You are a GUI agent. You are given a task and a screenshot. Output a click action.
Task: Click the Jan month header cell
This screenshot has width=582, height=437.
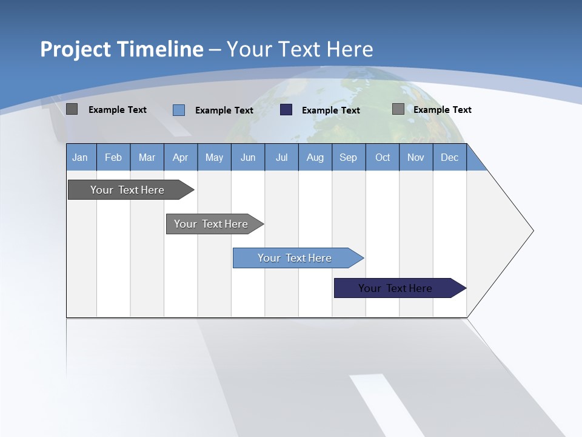tap(81, 157)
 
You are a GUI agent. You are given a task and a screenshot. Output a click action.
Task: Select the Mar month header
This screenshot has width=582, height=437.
tap(147, 157)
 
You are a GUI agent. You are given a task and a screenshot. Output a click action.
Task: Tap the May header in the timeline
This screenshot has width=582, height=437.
tap(214, 157)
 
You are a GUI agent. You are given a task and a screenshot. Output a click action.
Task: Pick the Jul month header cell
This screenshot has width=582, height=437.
tap(281, 157)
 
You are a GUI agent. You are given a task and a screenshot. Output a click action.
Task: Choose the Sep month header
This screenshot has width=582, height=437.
tap(348, 157)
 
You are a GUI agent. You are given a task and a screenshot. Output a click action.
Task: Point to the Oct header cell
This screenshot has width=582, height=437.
tap(383, 157)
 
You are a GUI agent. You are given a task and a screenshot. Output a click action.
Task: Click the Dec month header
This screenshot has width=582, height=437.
tap(449, 157)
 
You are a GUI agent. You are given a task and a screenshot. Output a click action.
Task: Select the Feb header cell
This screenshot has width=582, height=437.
tap(113, 157)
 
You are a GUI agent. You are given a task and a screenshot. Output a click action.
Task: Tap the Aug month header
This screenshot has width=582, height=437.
tap(315, 157)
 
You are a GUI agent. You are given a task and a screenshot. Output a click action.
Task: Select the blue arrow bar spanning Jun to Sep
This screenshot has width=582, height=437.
tap(295, 258)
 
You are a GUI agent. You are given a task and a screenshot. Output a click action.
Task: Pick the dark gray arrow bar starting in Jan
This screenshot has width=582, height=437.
tap(128, 190)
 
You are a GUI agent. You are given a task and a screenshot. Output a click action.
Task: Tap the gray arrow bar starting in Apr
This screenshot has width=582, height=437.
tap(212, 224)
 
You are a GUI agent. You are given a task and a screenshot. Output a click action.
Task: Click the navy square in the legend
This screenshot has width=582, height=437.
tap(286, 110)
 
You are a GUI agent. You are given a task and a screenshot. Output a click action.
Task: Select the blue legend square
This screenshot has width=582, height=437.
tap(179, 110)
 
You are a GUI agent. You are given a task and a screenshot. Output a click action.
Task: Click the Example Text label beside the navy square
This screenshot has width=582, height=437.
tap(331, 110)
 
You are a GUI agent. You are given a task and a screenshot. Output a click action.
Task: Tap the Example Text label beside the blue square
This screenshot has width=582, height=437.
tap(224, 110)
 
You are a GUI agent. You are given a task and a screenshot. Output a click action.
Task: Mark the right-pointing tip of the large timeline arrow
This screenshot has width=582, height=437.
tap(532, 231)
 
